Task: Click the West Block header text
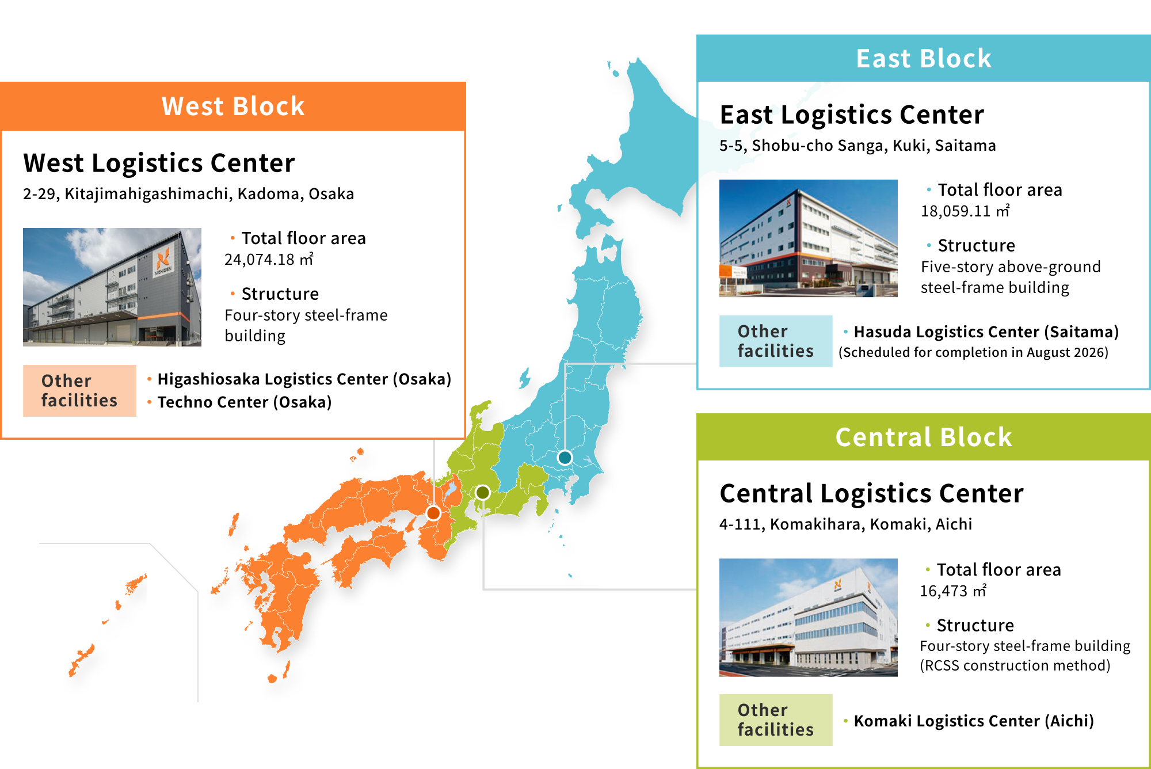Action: click(x=233, y=106)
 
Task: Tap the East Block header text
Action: click(x=924, y=59)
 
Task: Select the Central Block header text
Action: click(x=924, y=437)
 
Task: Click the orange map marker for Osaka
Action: click(x=433, y=513)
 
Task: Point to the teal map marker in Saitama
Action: click(x=565, y=458)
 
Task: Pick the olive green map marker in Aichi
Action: click(x=482, y=493)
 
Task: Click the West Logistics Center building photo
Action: click(x=112, y=287)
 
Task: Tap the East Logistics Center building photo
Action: click(x=809, y=238)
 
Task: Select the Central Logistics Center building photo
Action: click(x=809, y=617)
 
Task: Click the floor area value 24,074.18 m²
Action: click(x=269, y=260)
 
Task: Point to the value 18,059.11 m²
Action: click(x=965, y=211)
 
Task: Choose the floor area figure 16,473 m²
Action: click(x=953, y=591)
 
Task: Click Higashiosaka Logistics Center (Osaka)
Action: click(x=304, y=379)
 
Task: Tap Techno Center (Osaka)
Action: click(x=245, y=402)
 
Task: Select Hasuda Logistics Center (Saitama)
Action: click(x=986, y=332)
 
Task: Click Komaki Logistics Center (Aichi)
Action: click(x=974, y=721)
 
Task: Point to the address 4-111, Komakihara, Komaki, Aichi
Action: click(x=846, y=524)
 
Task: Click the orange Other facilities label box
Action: click(x=79, y=391)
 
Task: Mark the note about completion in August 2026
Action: click(x=973, y=352)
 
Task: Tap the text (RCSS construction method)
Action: click(x=1015, y=666)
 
